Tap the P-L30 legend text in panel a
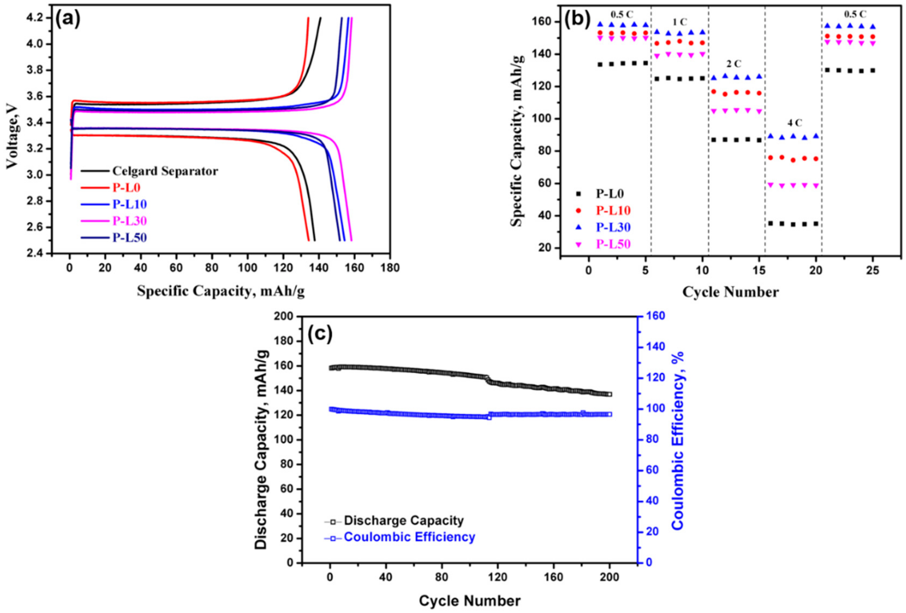point(129,221)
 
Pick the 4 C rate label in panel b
point(795,123)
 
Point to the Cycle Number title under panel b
point(730,292)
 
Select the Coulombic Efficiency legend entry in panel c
point(409,537)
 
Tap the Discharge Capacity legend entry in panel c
point(404,520)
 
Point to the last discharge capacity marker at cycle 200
point(609,394)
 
